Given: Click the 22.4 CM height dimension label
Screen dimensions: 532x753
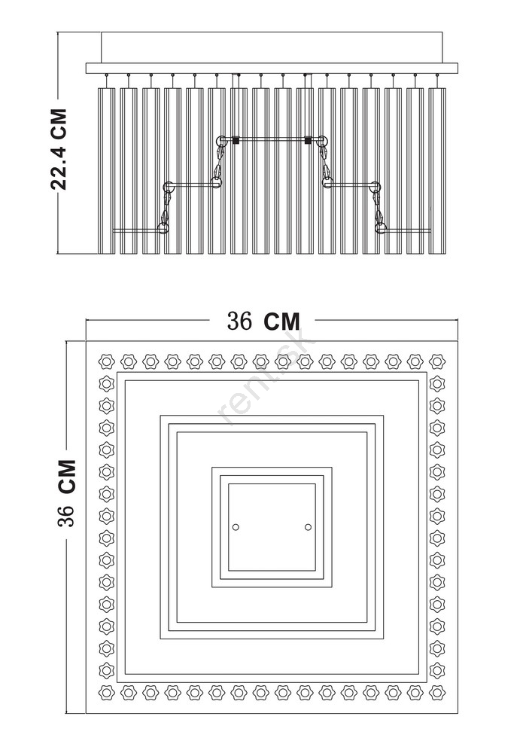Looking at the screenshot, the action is (59, 149).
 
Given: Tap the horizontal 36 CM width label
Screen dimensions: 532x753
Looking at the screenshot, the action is (263, 321).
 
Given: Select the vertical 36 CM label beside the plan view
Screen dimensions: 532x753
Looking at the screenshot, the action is (67, 493).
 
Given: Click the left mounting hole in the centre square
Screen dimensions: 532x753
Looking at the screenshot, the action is (236, 527).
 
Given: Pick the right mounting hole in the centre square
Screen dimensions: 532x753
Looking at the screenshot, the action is (308, 527).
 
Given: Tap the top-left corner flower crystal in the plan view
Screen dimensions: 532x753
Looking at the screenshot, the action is (107, 361).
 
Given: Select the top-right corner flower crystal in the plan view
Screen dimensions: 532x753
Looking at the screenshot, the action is (437, 361).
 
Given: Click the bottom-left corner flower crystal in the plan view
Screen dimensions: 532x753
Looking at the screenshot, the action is (107, 693).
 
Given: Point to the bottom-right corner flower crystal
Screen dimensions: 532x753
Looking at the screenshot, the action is (437, 693).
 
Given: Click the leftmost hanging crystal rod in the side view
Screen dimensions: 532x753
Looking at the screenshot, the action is (107, 170).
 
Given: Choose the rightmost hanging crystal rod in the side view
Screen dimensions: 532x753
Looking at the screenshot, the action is (437, 170).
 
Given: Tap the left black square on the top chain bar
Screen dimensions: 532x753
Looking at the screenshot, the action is (236, 140).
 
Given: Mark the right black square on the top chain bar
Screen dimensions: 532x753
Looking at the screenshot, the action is (308, 140).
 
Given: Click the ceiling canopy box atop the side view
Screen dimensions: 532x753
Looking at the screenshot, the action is (272, 47).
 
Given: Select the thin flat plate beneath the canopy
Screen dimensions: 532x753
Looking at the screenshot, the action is (272, 69).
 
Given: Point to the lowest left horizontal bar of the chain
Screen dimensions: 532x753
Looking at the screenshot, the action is (138, 230).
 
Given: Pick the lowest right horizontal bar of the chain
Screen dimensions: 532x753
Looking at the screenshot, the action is (407, 230).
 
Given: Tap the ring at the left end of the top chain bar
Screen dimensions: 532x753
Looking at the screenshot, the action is (222, 142).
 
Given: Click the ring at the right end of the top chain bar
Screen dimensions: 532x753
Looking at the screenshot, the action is (322, 142).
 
